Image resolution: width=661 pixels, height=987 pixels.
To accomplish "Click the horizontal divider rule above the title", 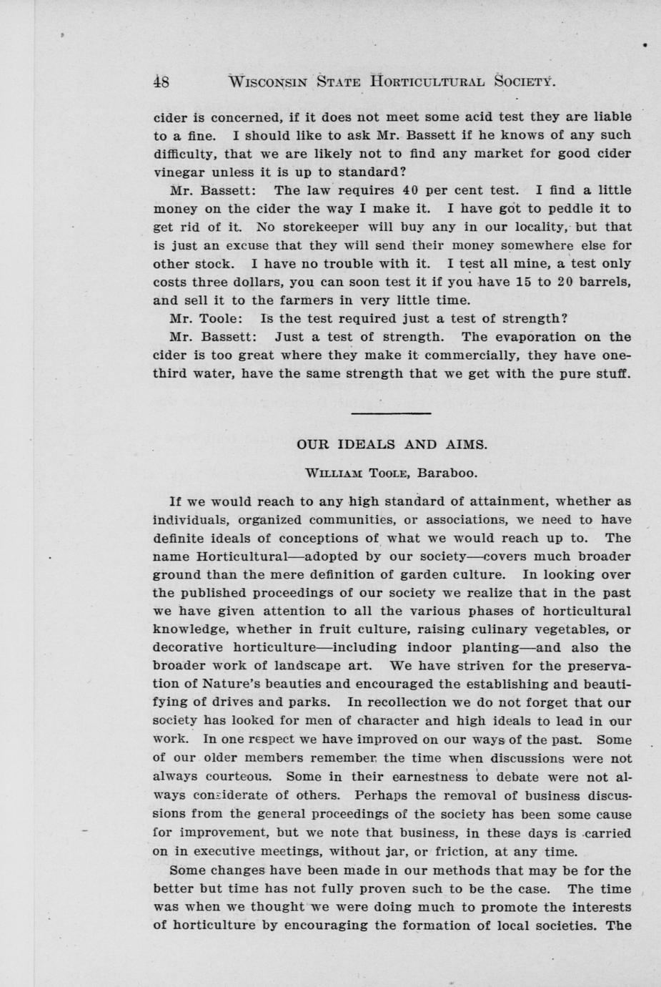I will (391, 413).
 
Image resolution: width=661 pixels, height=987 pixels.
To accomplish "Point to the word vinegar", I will (179, 172).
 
